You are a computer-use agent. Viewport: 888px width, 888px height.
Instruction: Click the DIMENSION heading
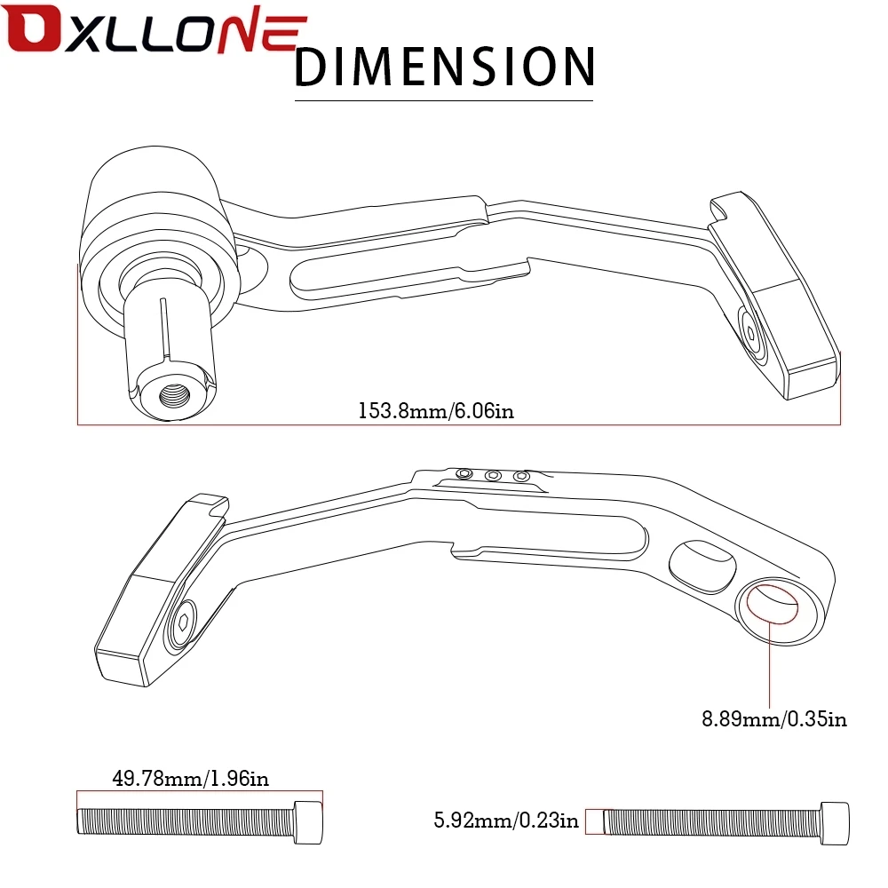tap(443, 67)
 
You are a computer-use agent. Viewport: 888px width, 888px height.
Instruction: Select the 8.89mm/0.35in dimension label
tap(774, 718)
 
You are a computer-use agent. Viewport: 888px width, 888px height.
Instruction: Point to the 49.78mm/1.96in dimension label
tap(190, 780)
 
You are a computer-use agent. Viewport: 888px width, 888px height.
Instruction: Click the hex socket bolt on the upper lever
tap(751, 333)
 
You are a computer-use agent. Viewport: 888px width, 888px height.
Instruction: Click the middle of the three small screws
tap(493, 477)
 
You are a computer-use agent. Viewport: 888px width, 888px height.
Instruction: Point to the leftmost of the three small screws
tap(464, 474)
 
